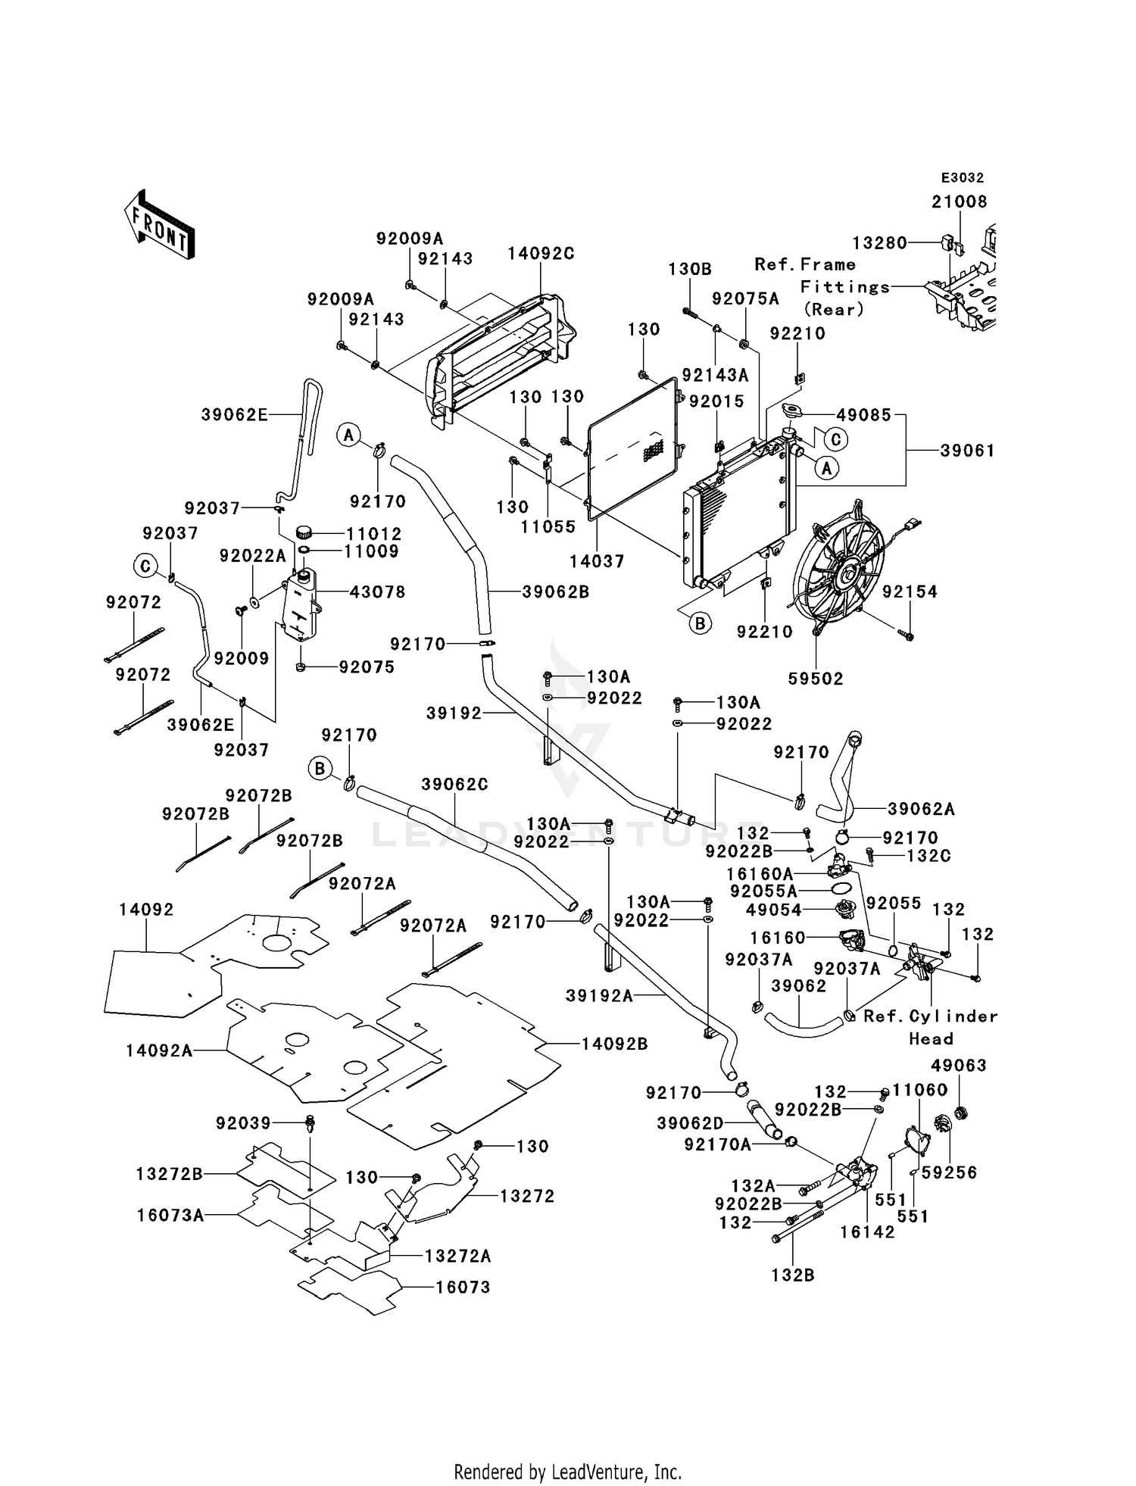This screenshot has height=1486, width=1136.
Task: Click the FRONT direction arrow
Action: pos(160,226)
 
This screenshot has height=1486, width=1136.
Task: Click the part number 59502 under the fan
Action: pos(816,679)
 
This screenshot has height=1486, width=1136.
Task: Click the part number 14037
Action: pos(597,561)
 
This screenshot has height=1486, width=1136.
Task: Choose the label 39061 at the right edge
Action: pos(967,451)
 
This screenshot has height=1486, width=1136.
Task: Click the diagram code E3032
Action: pos(963,178)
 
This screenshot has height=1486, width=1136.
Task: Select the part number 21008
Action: pos(960,201)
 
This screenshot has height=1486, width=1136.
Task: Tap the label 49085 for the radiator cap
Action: pos(864,415)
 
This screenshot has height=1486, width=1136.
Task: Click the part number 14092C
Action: pos(541,254)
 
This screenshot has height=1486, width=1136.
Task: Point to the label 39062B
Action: pos(556,592)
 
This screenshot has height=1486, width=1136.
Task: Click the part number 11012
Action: pos(373,533)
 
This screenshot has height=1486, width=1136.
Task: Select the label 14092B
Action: pos(615,1044)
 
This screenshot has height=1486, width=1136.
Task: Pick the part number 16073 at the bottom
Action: pos(463,1287)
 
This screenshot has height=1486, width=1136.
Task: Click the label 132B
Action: pos(793,1275)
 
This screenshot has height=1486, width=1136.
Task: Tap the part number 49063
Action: pos(959,1066)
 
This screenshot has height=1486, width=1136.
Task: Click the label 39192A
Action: pos(599,996)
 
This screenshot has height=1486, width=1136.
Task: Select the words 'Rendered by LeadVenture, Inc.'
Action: pos(568,1472)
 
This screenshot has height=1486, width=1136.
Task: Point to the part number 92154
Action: pos(910,592)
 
